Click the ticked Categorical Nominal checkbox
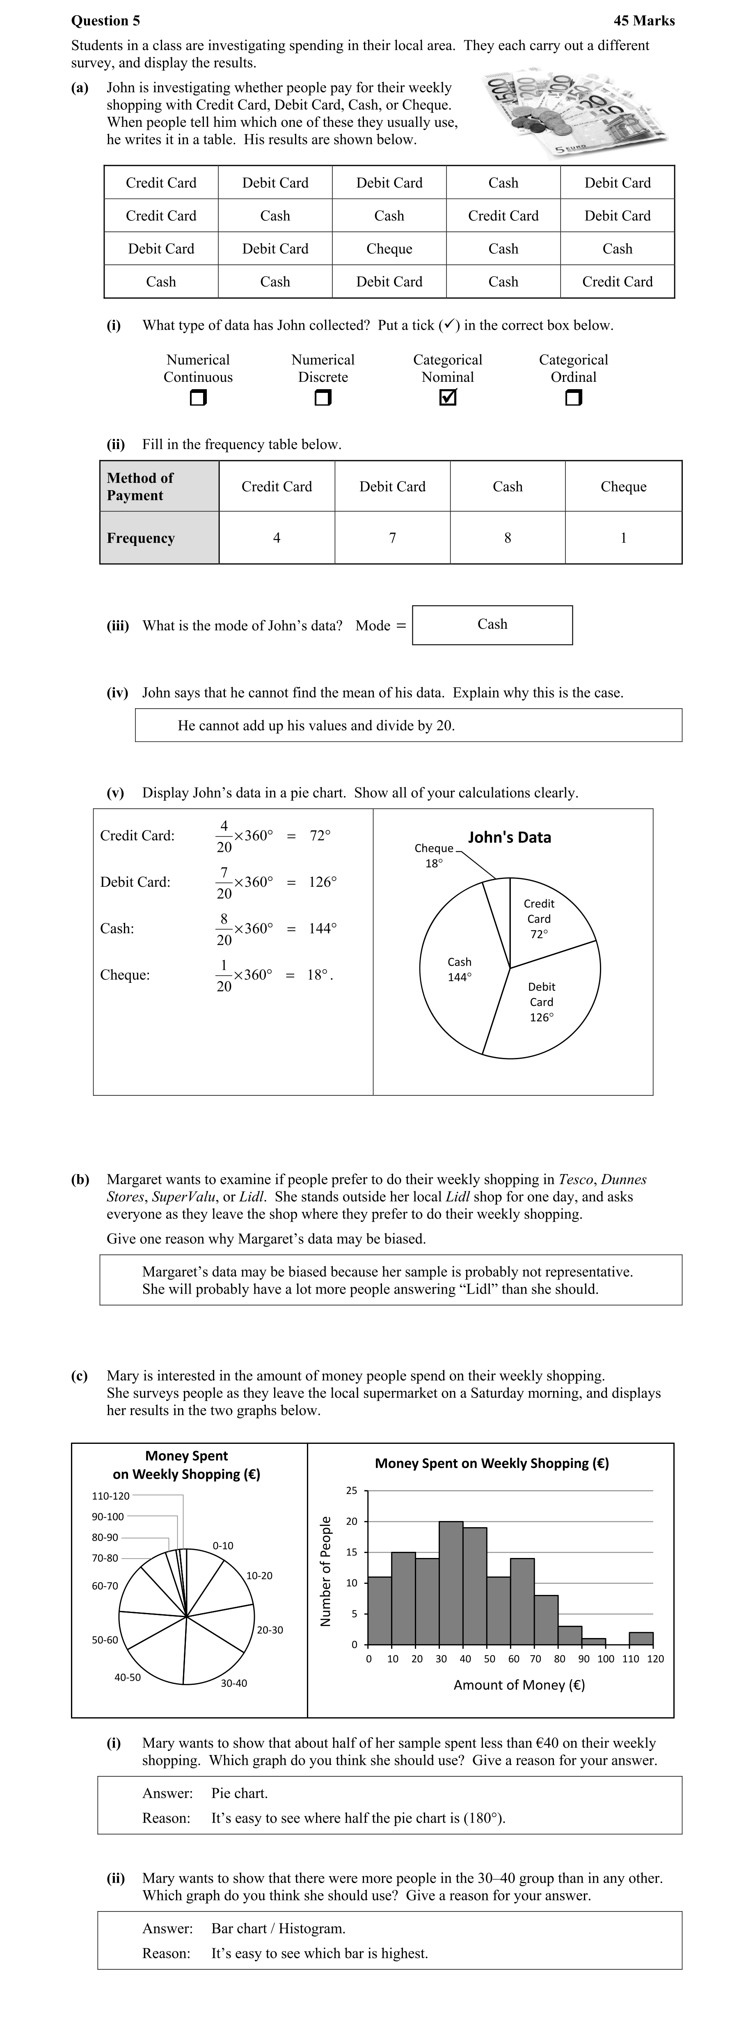click(447, 398)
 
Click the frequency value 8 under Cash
click(507, 538)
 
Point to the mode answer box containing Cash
click(492, 625)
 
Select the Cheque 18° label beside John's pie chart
click(433, 855)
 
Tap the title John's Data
click(509, 837)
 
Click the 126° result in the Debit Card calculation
click(322, 882)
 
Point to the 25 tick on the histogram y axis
click(352, 1491)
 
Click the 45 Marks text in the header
click(644, 21)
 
